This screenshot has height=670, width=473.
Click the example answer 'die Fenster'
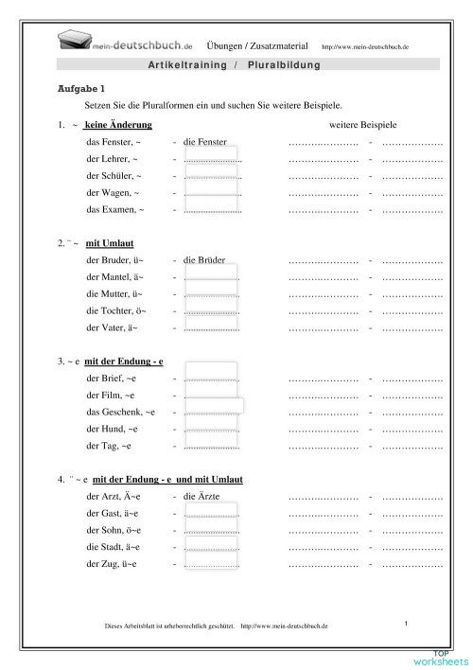(x=210, y=140)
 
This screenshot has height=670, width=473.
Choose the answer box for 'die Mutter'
(x=211, y=292)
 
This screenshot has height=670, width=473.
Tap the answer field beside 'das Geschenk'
(x=213, y=412)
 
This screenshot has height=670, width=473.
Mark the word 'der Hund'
(x=106, y=429)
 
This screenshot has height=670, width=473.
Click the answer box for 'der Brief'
(x=211, y=378)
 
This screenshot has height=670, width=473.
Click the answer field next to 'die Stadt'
(x=211, y=546)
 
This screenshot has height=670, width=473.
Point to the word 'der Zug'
(x=104, y=564)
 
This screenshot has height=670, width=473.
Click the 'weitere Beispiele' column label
(x=362, y=124)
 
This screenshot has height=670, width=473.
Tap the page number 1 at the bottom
(x=405, y=623)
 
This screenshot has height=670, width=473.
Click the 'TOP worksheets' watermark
(x=440, y=658)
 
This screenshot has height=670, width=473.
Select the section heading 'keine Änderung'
(x=118, y=125)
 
